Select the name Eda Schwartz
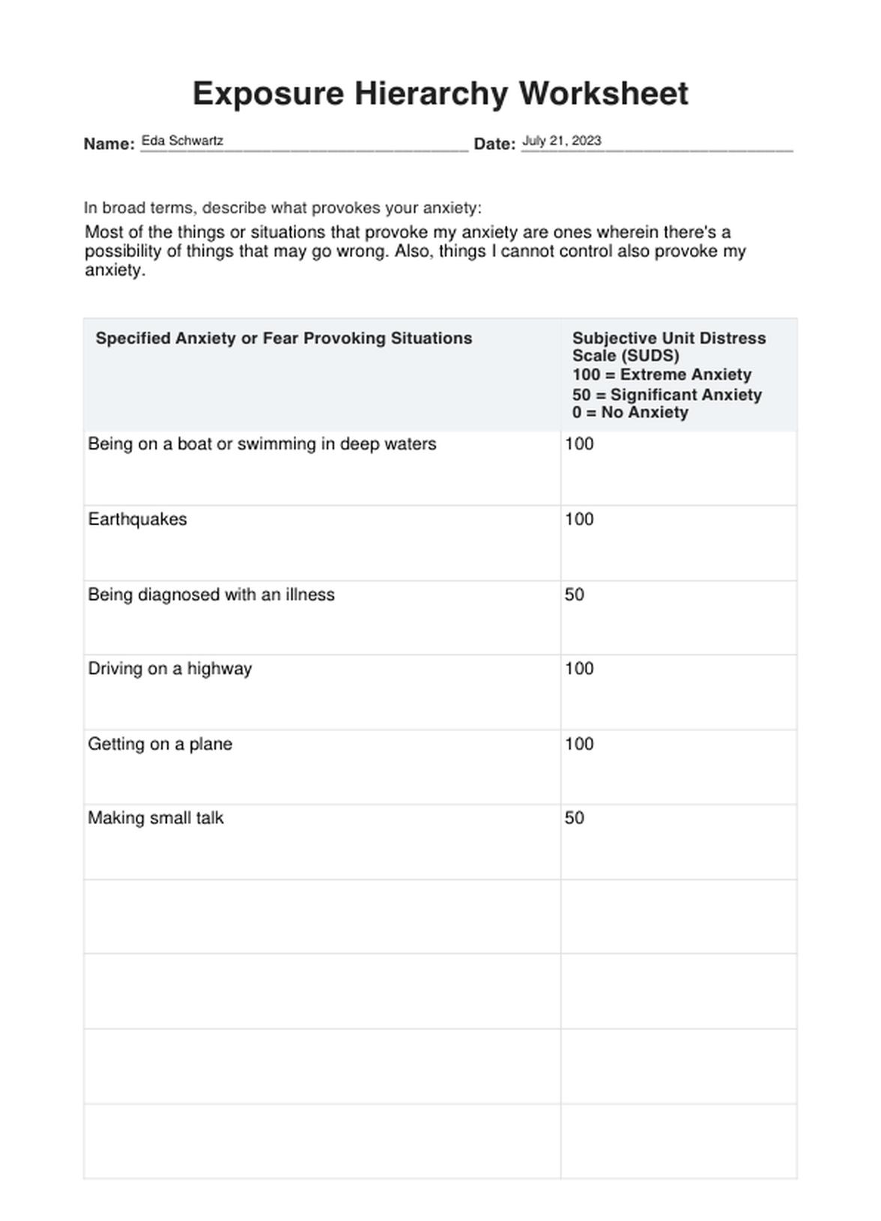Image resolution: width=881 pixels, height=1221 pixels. (x=182, y=141)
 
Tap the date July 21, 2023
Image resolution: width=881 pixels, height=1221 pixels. (x=561, y=141)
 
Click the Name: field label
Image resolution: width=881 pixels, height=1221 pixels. (x=109, y=144)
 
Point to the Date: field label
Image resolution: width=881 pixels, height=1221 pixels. (x=494, y=144)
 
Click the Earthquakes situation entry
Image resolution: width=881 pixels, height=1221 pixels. (x=137, y=519)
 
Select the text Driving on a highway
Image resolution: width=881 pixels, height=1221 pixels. (x=170, y=668)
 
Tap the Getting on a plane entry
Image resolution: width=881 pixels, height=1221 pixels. (x=160, y=744)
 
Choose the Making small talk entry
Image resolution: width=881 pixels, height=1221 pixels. (x=156, y=818)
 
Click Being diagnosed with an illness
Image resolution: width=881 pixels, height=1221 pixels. (x=211, y=595)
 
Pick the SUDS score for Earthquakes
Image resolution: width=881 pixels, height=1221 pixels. (x=579, y=519)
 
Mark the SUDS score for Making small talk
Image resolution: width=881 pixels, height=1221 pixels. (x=575, y=818)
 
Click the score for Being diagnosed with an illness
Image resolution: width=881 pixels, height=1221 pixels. (x=575, y=595)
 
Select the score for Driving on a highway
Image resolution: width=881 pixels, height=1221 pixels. (x=579, y=668)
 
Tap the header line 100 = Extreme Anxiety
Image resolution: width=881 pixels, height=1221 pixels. (x=661, y=375)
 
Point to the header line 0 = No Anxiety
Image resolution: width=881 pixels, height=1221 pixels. (x=630, y=413)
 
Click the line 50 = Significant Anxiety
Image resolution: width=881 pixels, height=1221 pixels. (x=667, y=395)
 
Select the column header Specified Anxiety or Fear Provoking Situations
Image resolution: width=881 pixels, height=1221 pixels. (x=284, y=339)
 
